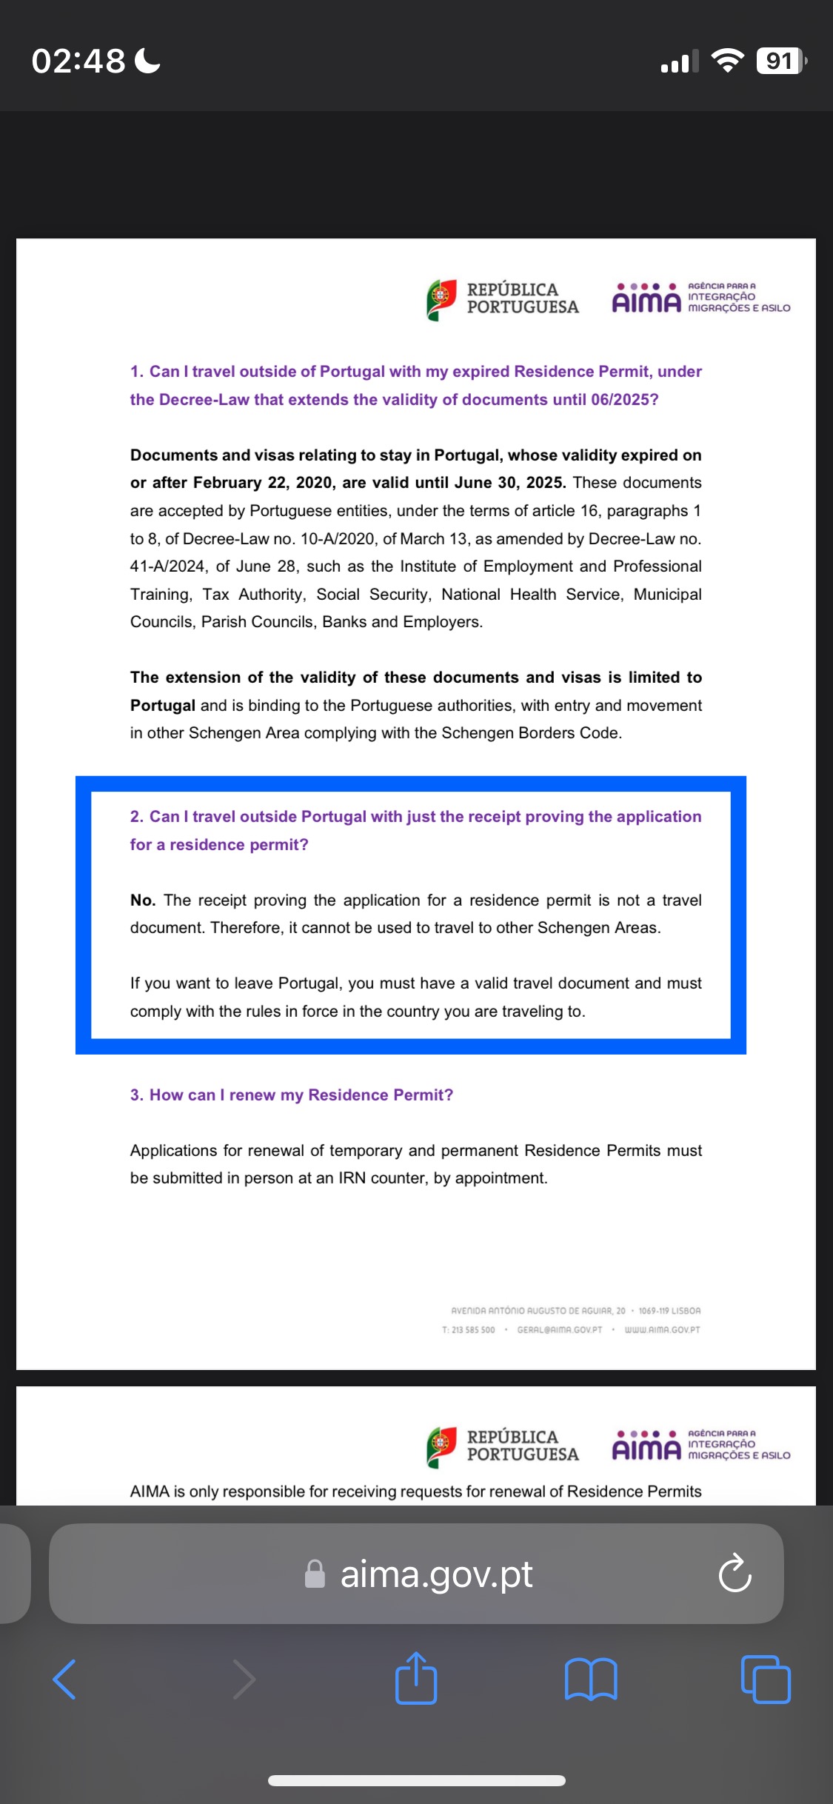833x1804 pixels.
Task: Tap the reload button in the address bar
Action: (x=735, y=1573)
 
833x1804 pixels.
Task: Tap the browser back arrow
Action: (x=64, y=1679)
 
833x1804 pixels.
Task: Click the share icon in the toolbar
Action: (x=416, y=1678)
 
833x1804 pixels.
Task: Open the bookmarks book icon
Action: (x=590, y=1679)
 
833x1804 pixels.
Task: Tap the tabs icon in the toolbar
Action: (x=766, y=1679)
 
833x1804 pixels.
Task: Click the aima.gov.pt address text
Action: (x=436, y=1574)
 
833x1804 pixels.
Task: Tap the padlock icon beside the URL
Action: (x=315, y=1574)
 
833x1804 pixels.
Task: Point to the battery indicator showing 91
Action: (x=780, y=61)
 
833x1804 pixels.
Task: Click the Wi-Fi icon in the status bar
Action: (x=727, y=61)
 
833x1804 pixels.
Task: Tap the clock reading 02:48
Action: (x=78, y=61)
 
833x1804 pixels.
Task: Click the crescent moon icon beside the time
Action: (x=148, y=61)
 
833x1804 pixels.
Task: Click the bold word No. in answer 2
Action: (x=142, y=901)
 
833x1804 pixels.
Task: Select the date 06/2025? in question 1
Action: (x=624, y=400)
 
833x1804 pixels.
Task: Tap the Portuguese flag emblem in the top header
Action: (x=441, y=299)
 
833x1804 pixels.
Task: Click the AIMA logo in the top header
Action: (x=646, y=298)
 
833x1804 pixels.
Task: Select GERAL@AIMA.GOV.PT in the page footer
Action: (x=560, y=1329)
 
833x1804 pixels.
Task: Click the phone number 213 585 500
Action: (x=473, y=1329)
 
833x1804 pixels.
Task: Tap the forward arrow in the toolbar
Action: (x=244, y=1679)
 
